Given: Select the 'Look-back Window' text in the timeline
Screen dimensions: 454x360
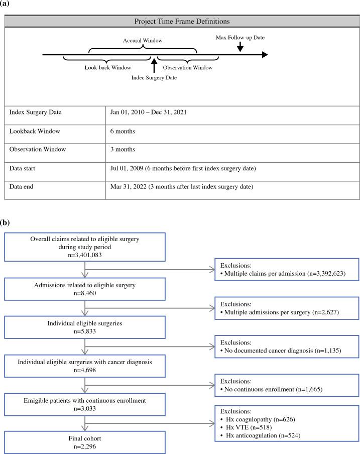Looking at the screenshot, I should tap(107, 67).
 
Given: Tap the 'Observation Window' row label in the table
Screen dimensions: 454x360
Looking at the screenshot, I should tap(38, 150).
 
